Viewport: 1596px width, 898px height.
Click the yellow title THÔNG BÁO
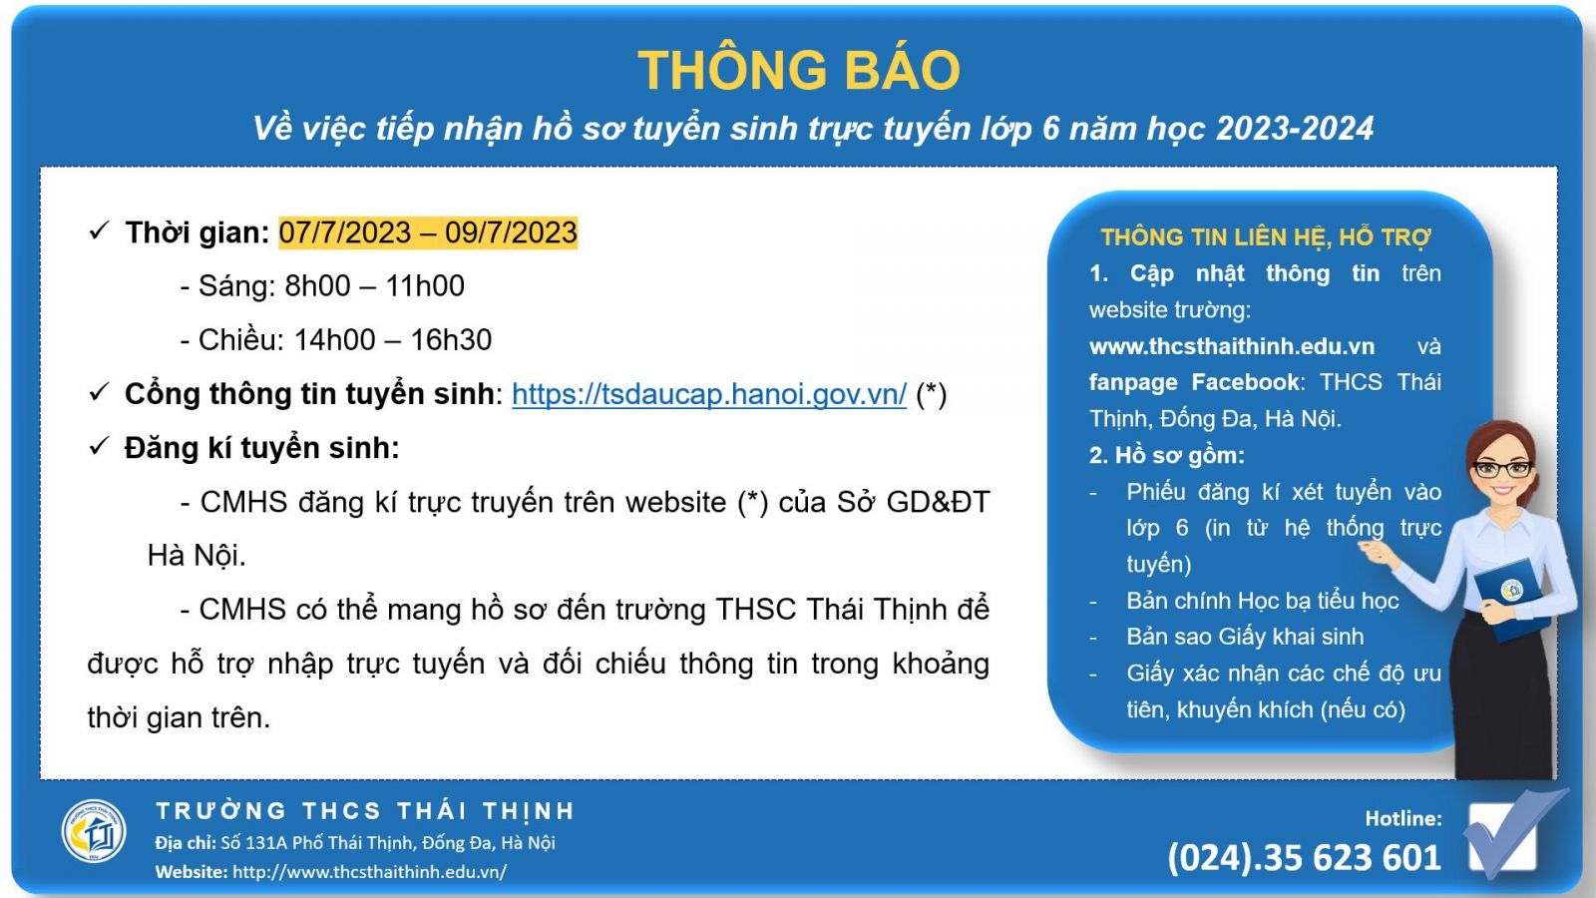coord(799,70)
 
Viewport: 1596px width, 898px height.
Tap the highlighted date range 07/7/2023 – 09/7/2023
coord(428,233)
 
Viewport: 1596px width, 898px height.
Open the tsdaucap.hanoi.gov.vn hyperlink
coord(709,394)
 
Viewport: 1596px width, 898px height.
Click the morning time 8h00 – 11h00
coord(375,285)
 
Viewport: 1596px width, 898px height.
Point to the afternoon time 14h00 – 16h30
coord(393,340)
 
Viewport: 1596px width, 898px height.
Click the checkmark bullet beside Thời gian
coord(99,230)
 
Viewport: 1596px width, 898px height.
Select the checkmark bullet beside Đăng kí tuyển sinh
coord(99,446)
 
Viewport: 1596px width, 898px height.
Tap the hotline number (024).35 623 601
coord(1304,857)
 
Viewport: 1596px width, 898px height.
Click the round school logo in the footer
coord(94,831)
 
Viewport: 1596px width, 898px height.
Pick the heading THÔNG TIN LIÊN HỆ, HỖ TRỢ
coord(1266,237)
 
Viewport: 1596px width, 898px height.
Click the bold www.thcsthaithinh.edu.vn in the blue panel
coord(1231,346)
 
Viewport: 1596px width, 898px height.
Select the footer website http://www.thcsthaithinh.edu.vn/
coord(370,872)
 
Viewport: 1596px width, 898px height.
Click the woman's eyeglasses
coord(1502,469)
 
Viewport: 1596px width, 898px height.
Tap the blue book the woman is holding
coord(1510,598)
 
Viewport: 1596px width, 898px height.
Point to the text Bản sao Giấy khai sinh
coord(1245,637)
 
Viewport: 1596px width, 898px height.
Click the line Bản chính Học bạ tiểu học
coord(1263,601)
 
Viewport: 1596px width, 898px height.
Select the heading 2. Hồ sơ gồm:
coord(1166,455)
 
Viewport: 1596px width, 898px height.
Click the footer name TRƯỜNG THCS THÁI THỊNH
coord(365,811)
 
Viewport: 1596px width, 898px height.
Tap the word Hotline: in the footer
coord(1402,819)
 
